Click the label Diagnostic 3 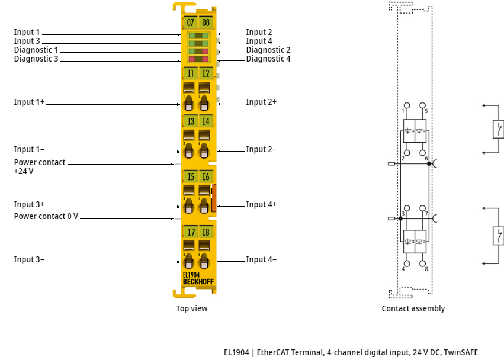coord(36,59)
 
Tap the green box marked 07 coord(190,23)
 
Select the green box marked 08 coord(206,23)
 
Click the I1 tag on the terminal coord(190,73)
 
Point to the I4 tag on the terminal coord(206,121)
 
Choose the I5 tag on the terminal coord(190,176)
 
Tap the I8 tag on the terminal coord(206,232)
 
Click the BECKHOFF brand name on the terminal coord(198,281)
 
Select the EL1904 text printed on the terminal coord(191,275)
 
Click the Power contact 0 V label coord(46,217)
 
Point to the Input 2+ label coord(261,102)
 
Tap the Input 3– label coord(29,260)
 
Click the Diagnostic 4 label coord(268,59)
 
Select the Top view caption coord(192,308)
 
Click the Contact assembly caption coord(413,308)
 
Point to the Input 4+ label coord(261,205)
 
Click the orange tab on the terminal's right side coord(214,198)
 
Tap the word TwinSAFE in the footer coord(459,352)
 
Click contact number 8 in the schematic coord(426,269)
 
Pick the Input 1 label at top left coord(27,33)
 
